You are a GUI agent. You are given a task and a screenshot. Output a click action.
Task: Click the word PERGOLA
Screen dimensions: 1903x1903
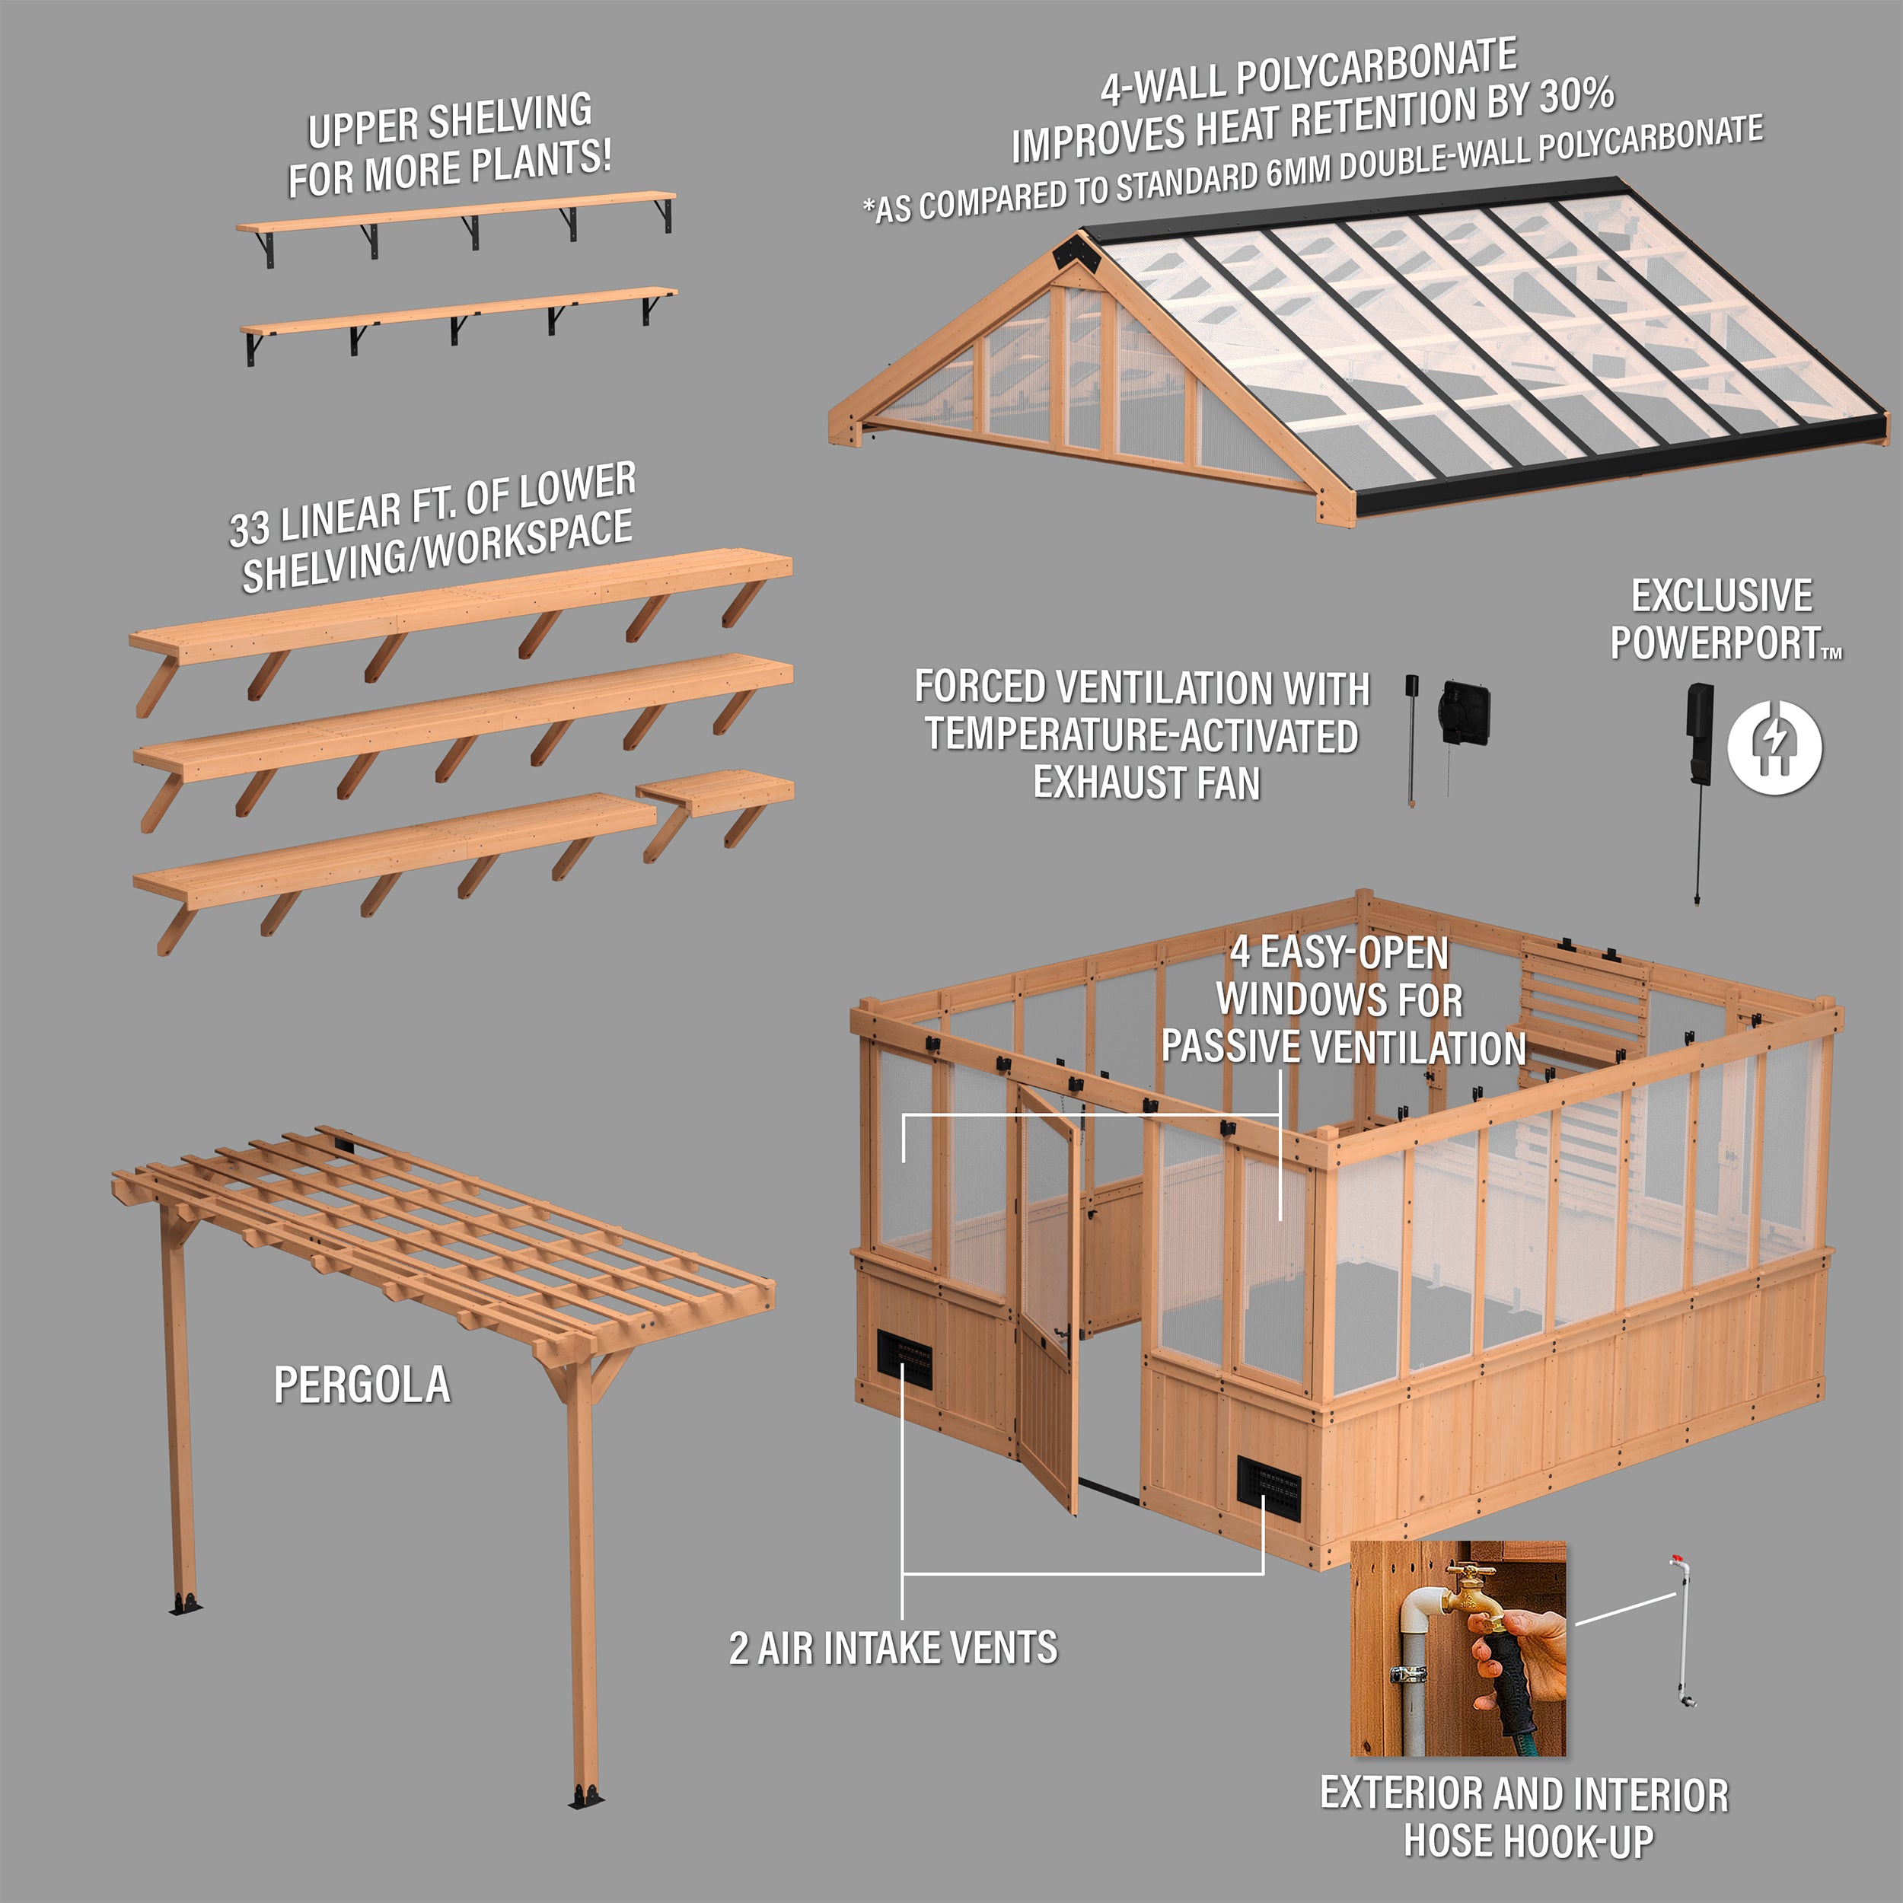pos(362,1385)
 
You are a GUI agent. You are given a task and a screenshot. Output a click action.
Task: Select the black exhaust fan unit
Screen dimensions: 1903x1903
pos(1465,708)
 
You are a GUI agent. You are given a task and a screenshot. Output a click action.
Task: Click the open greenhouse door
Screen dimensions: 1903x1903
pos(1047,1300)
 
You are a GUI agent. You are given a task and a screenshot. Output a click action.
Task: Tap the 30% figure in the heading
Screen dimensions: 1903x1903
pos(1576,96)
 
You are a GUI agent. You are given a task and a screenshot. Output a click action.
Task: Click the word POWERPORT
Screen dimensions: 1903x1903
pos(1715,643)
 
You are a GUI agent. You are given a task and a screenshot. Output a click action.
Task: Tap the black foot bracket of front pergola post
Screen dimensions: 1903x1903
pos(586,1798)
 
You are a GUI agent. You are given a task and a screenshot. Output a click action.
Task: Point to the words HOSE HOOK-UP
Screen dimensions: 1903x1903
pos(1528,1841)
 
